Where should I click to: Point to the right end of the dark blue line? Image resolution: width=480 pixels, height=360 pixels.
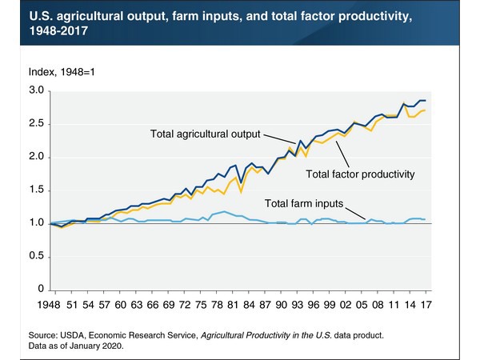pyautogui.click(x=425, y=101)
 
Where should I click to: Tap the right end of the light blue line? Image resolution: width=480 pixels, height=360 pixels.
pyautogui.click(x=425, y=219)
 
